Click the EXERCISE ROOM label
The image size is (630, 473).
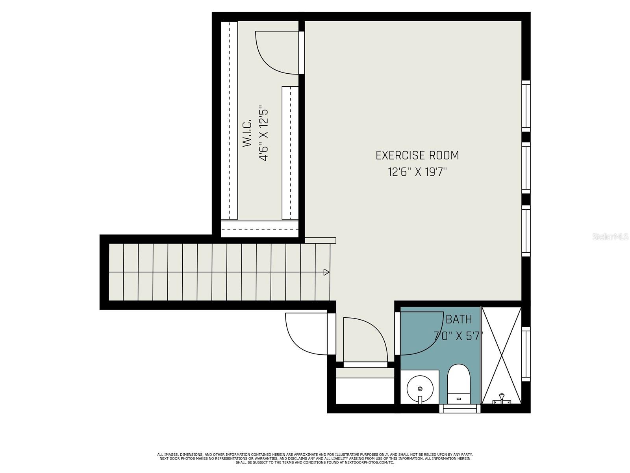pos(417,155)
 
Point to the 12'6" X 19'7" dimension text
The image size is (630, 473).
pos(418,172)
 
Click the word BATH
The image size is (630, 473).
pos(459,319)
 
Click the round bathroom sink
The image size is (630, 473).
pos(420,389)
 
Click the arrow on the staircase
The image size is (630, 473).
pos(326,272)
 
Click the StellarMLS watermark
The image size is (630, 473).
pos(610,237)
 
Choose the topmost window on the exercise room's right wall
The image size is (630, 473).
pos(526,106)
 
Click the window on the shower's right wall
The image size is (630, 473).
pos(526,354)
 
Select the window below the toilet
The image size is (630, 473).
pos(460,409)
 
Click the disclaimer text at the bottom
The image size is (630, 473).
pos(315,458)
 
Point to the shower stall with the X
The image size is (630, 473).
pos(501,355)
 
